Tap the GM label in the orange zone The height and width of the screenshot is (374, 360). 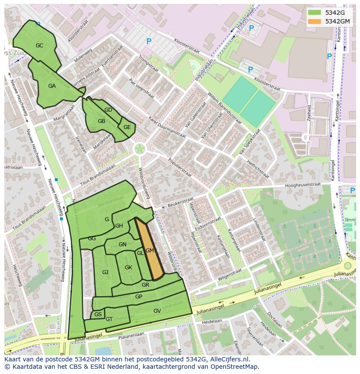[x=150, y=251]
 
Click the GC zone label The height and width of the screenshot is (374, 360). [x=39, y=45]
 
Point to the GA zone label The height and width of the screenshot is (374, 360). [x=52, y=86]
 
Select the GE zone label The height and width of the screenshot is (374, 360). [x=127, y=127]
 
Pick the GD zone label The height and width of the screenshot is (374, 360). [x=108, y=110]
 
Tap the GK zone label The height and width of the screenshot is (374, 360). [x=128, y=268]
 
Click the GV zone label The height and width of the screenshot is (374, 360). [x=157, y=311]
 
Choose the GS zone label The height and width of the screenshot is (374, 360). [x=98, y=314]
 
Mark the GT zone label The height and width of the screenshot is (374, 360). [x=109, y=319]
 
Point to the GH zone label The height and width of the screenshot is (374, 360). [x=119, y=226]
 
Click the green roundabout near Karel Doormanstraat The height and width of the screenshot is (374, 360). [x=140, y=149]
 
